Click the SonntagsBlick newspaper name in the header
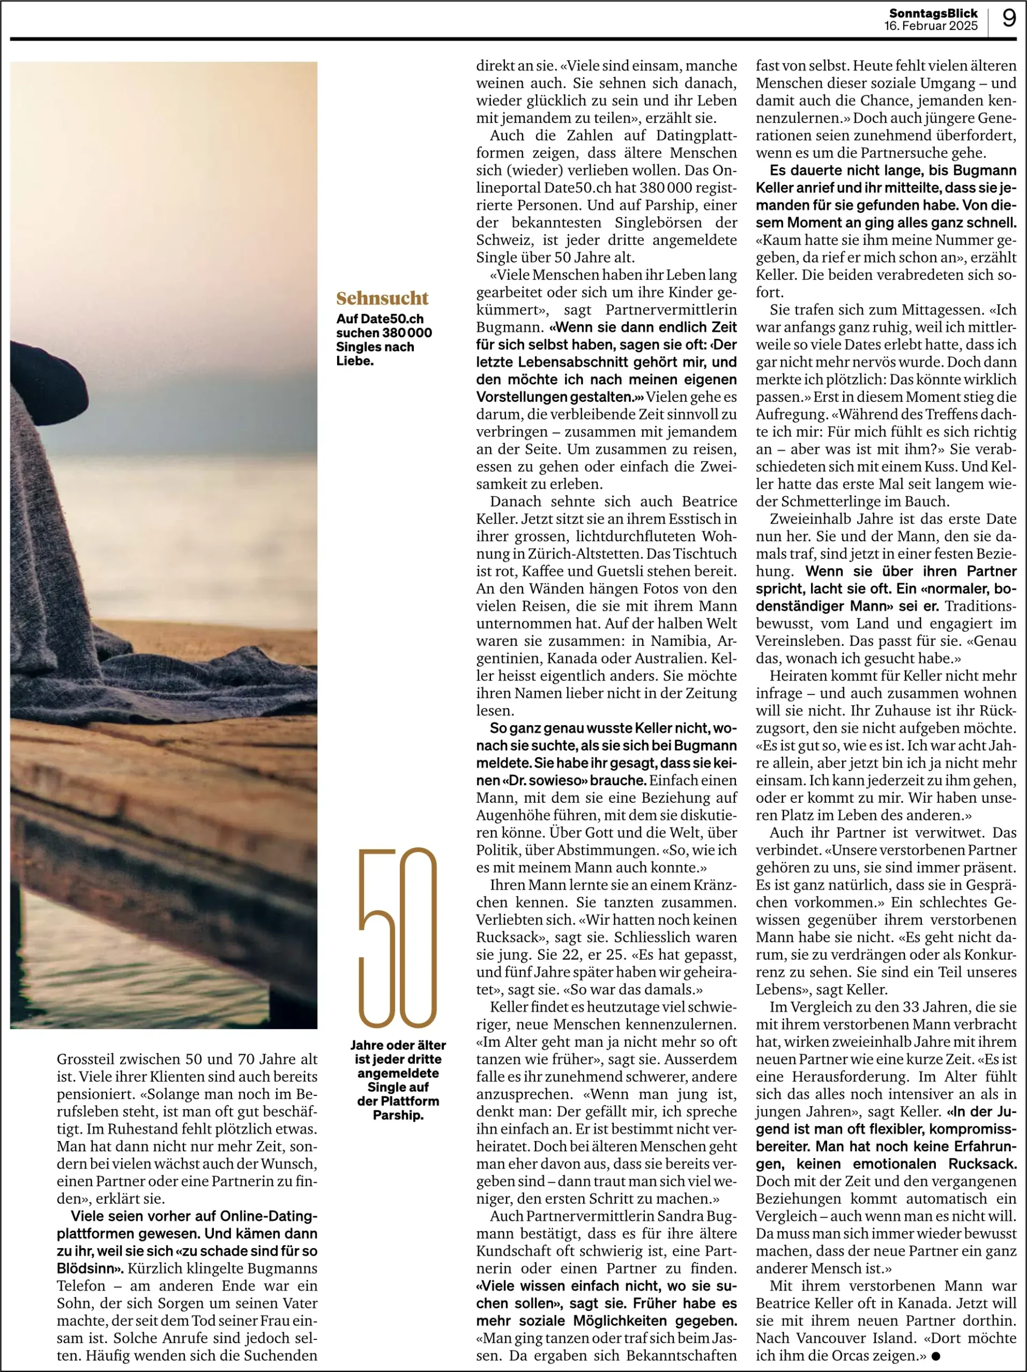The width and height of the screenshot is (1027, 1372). click(933, 13)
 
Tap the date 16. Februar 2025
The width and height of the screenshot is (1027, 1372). click(931, 26)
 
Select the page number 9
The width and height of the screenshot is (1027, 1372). click(1009, 18)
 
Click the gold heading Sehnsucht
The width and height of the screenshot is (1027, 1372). click(382, 299)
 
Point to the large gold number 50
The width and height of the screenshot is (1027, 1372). click(398, 938)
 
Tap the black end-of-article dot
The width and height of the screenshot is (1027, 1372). click(935, 1356)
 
